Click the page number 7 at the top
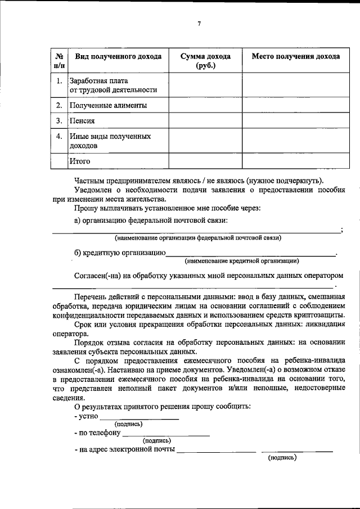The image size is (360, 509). (x=200, y=23)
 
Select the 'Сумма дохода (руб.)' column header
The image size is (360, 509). (x=205, y=61)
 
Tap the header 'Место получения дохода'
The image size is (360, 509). (x=295, y=57)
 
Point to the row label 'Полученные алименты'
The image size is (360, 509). (x=108, y=105)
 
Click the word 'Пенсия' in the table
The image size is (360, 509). (x=82, y=120)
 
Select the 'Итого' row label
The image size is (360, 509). (x=80, y=161)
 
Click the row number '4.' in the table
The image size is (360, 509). (x=59, y=136)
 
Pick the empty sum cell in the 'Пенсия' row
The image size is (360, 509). (x=205, y=120)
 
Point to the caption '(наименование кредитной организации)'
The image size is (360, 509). (x=242, y=261)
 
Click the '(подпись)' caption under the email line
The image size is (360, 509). (x=282, y=458)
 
